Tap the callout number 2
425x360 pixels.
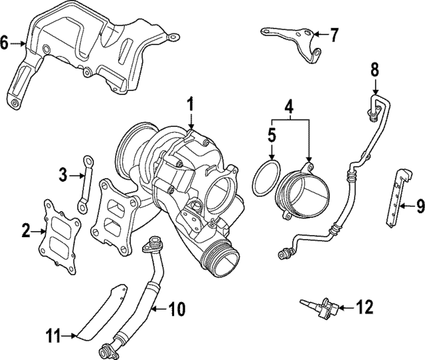tap(26, 231)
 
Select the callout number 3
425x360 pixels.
tap(62, 175)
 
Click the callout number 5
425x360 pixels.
tap(272, 135)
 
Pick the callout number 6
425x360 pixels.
tap(5, 44)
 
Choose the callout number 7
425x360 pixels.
tap(334, 33)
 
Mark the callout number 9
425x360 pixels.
tap(420, 206)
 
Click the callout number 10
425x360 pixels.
tap(177, 308)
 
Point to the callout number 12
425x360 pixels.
tap(365, 307)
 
